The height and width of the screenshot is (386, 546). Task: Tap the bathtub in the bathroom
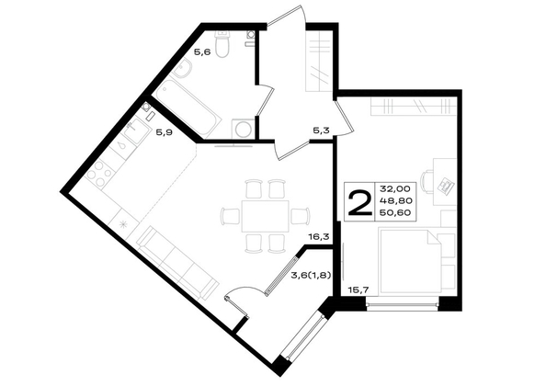(188, 108)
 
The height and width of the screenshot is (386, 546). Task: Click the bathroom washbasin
(182, 68)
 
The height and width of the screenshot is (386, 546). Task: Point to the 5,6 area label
(202, 52)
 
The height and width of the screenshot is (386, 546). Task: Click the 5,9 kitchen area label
(164, 132)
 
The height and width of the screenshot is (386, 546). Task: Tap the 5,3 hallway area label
(322, 131)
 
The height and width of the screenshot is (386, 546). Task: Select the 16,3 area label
(319, 237)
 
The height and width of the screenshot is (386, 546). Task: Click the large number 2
(359, 202)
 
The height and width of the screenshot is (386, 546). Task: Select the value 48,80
(395, 200)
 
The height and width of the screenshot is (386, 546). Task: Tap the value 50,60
(395, 212)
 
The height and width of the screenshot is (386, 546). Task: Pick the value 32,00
(395, 189)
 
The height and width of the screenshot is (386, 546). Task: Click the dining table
(266, 216)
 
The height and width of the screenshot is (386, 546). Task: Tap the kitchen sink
(134, 131)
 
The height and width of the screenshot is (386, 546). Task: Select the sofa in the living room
(178, 262)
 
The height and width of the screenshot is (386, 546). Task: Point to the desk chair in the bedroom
(427, 181)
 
